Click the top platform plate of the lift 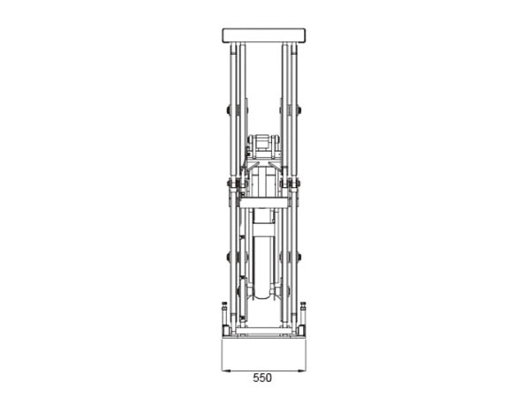point(264,35)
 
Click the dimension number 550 point(262,378)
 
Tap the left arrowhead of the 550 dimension point(226,371)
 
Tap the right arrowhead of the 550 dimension point(302,371)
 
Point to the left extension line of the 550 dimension point(222,356)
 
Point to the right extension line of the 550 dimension point(307,356)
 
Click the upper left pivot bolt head point(229,109)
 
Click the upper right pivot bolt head point(299,109)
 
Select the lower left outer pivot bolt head point(229,257)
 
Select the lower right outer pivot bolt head point(299,257)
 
